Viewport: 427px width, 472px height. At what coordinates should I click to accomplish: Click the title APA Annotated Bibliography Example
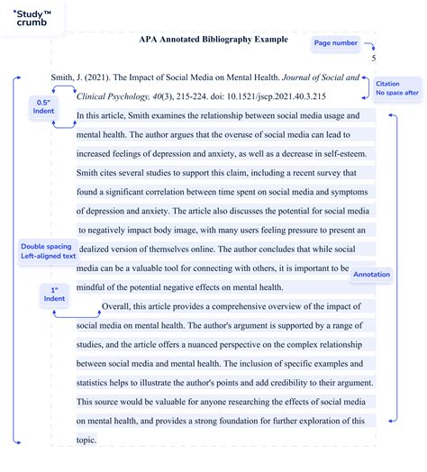(213, 40)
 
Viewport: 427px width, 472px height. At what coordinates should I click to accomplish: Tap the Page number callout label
(335, 42)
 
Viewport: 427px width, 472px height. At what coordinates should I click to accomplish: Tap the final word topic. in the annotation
(88, 440)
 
